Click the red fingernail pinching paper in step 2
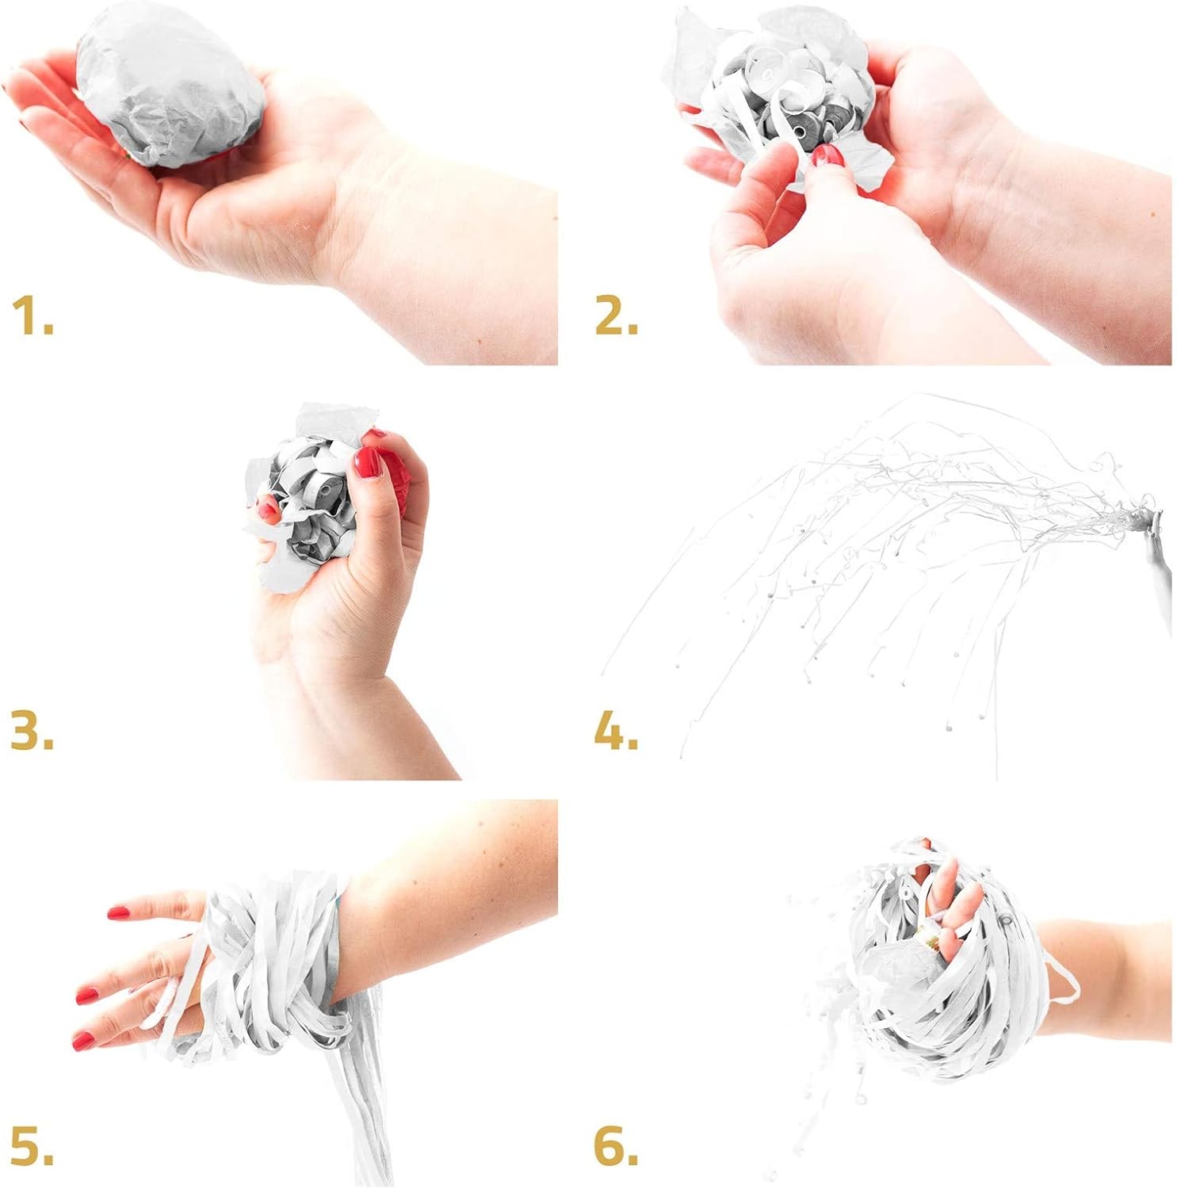click(826, 156)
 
